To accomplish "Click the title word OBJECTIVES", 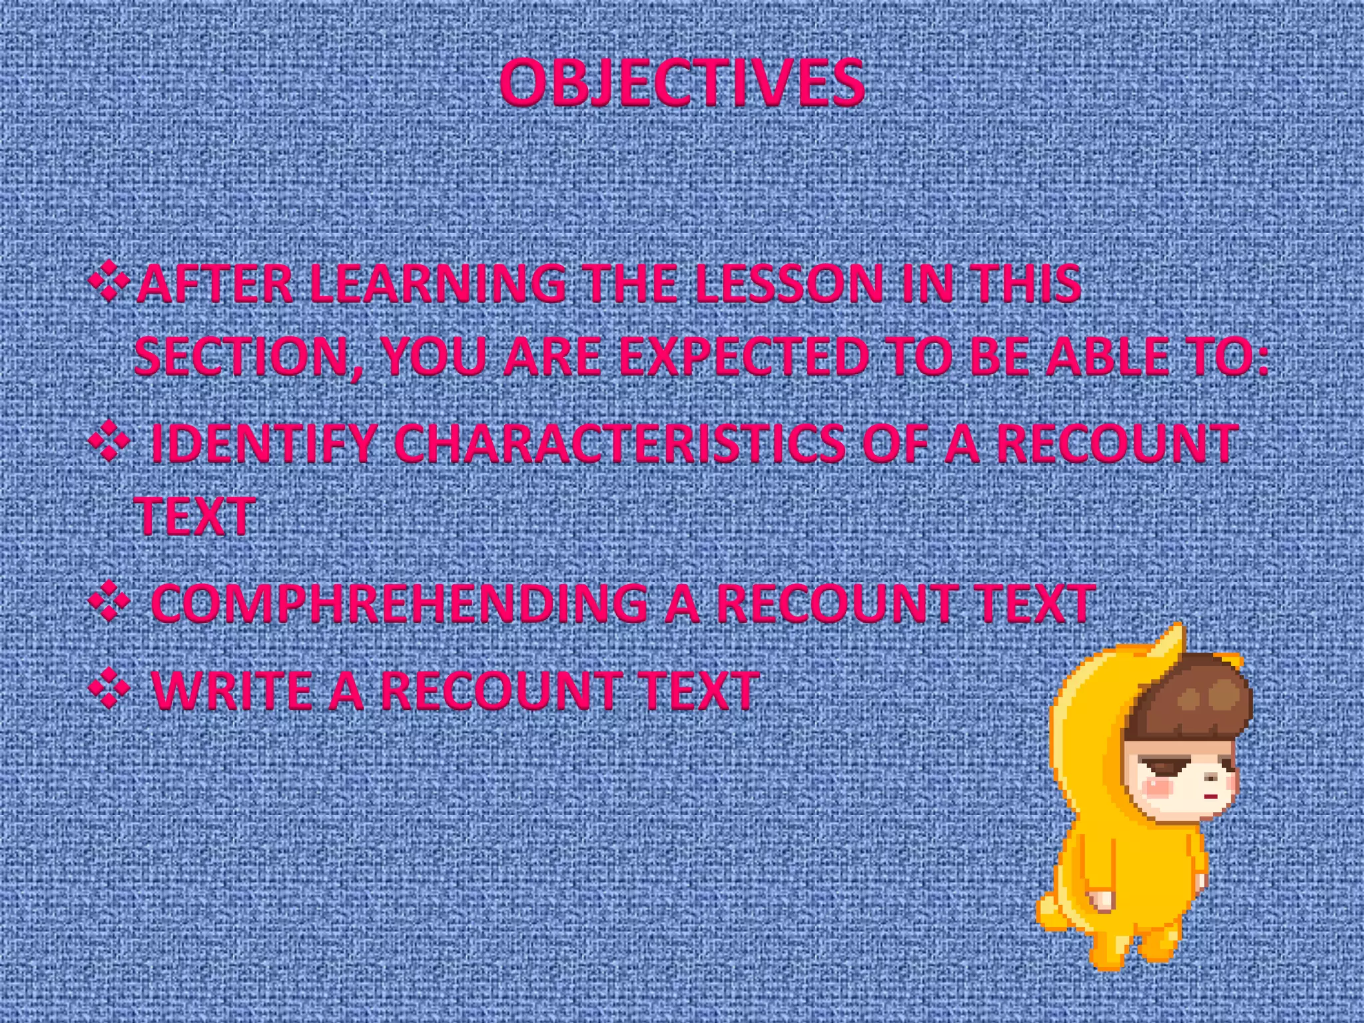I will (x=681, y=83).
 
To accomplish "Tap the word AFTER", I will (x=214, y=284).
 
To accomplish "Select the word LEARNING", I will (x=438, y=284).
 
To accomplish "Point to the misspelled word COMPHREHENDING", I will (x=400, y=603).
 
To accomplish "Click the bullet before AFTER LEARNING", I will (x=109, y=281).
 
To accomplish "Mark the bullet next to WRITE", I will (x=109, y=690).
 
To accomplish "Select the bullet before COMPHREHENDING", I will (x=109, y=602).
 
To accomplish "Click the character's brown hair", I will (x=1192, y=699).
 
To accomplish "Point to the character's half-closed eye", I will (x=1162, y=767).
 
